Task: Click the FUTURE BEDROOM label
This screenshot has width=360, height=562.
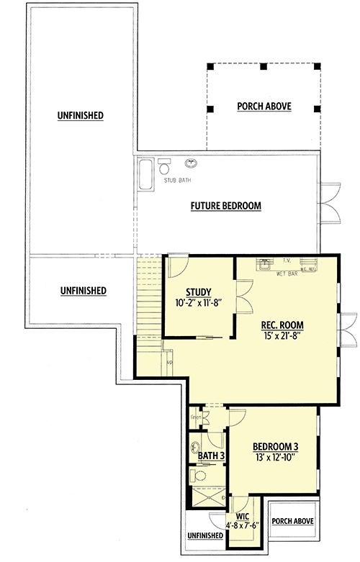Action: click(x=225, y=206)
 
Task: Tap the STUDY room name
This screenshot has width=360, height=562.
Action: click(x=197, y=291)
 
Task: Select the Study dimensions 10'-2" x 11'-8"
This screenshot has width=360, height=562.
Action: click(x=197, y=302)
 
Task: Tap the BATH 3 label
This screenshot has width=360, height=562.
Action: click(x=208, y=456)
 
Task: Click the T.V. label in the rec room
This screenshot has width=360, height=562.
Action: click(x=286, y=260)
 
